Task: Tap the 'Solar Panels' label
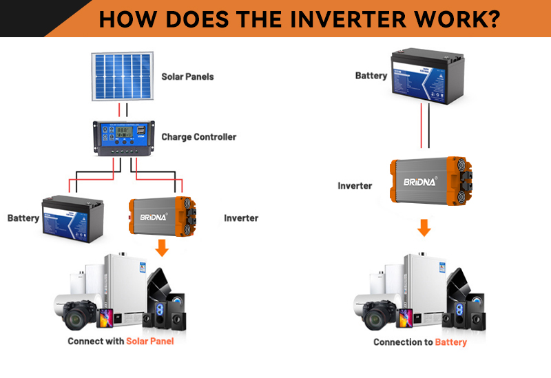(187, 76)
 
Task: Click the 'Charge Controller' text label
(198, 137)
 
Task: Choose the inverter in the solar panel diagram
(163, 216)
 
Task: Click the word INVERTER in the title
(365, 19)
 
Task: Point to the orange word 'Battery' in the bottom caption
(450, 342)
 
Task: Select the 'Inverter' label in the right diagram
(355, 186)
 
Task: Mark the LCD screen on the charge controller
(124, 131)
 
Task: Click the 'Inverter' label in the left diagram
(241, 218)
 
